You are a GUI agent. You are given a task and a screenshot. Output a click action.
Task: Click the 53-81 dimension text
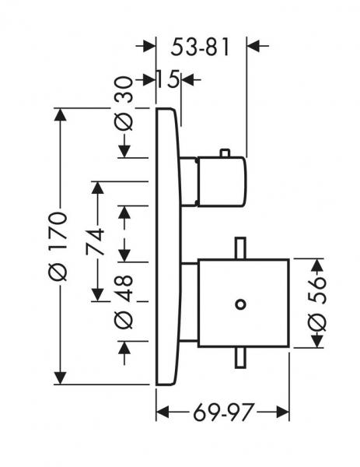click(x=201, y=47)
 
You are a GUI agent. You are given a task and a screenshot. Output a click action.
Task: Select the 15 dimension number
click(x=168, y=79)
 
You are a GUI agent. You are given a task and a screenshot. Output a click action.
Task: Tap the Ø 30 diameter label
click(x=124, y=104)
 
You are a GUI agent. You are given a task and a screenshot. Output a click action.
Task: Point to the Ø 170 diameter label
click(x=58, y=246)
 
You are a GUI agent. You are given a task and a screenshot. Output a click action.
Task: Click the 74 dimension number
click(x=95, y=241)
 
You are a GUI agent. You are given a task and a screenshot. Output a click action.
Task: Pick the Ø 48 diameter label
click(x=124, y=302)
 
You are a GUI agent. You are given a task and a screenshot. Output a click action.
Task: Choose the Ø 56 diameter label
click(x=317, y=304)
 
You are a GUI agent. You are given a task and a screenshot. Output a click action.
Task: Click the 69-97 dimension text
click(x=224, y=413)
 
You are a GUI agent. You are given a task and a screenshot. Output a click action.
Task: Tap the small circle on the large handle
click(x=240, y=304)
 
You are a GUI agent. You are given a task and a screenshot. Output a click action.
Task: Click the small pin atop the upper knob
click(x=225, y=153)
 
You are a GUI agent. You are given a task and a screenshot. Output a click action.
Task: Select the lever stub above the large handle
click(x=240, y=248)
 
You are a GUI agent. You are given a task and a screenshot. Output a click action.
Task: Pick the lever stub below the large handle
click(x=240, y=357)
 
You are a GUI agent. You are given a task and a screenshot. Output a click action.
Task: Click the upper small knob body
click(x=222, y=181)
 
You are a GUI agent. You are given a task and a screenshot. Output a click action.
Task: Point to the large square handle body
click(x=243, y=304)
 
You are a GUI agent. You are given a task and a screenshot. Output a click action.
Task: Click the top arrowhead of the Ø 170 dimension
click(x=61, y=114)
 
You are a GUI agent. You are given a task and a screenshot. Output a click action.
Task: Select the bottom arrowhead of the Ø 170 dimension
click(x=61, y=378)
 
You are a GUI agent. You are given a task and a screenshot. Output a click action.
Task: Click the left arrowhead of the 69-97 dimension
click(x=163, y=413)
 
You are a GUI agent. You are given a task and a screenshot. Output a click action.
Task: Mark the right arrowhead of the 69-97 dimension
click(x=283, y=413)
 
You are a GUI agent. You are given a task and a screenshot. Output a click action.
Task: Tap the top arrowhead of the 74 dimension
click(x=98, y=188)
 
